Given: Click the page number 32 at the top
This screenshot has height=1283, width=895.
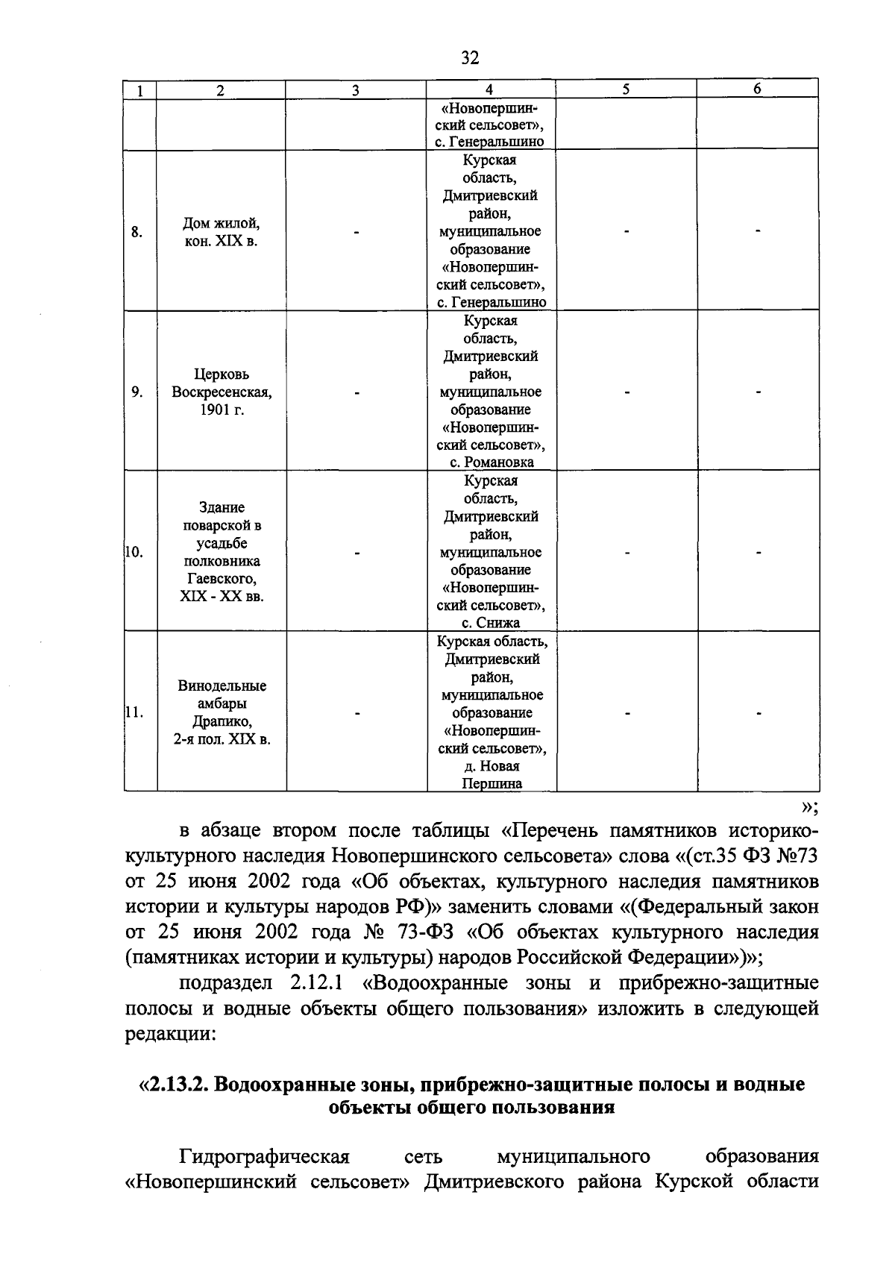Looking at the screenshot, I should pyautogui.click(x=469, y=57).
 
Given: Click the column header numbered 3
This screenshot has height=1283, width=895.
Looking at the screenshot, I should pyautogui.click(x=356, y=90).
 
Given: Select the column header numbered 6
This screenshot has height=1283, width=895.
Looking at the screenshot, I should pyautogui.click(x=756, y=89).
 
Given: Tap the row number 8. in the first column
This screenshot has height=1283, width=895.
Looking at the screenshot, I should pyautogui.click(x=136, y=232).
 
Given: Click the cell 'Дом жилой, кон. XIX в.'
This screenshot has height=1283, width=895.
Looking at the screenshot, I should pyautogui.click(x=221, y=232).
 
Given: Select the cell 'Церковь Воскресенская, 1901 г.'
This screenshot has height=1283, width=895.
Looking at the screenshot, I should pyautogui.click(x=221, y=392).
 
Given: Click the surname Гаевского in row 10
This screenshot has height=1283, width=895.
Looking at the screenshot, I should pyautogui.click(x=221, y=580).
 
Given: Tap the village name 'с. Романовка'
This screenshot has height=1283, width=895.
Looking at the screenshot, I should pyautogui.click(x=492, y=462).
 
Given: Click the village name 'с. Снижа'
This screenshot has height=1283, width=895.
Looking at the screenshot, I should pyautogui.click(x=491, y=623).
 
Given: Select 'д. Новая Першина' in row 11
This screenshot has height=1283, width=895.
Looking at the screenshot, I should pyautogui.click(x=491, y=774).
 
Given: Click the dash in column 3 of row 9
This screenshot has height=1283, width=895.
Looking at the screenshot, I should pyautogui.click(x=357, y=392).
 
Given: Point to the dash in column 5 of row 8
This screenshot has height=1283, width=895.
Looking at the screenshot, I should pyautogui.click(x=626, y=232).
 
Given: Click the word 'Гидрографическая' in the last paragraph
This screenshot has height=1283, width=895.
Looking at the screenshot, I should pyautogui.click(x=264, y=1157).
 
